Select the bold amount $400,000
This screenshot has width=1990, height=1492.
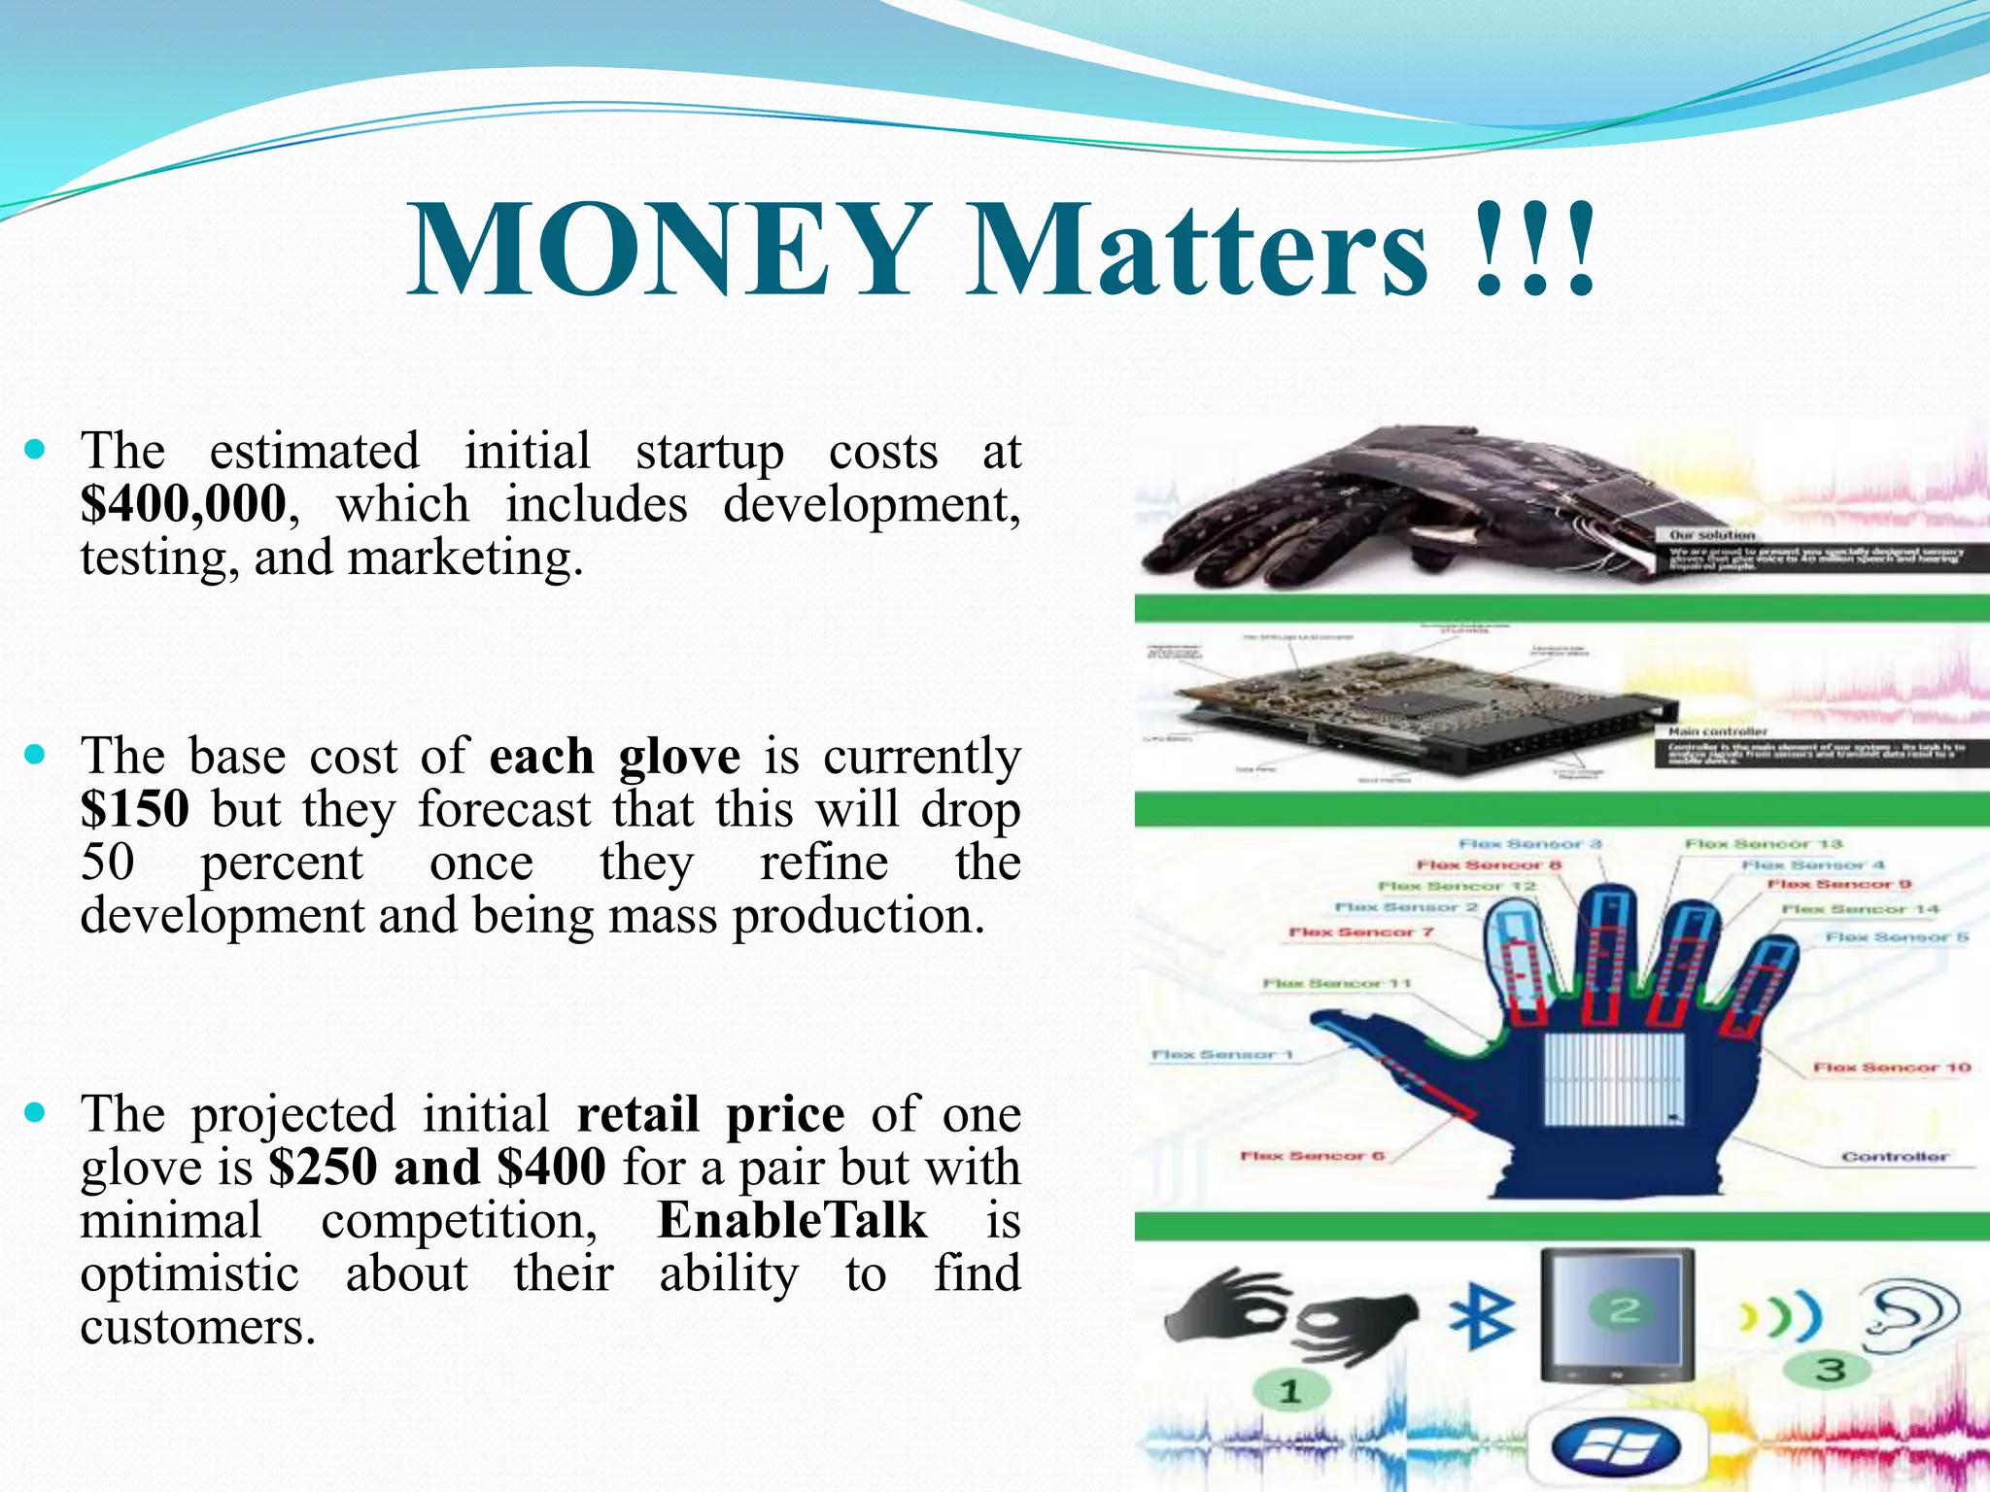[x=184, y=503]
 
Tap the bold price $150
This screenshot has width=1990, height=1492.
[x=134, y=808]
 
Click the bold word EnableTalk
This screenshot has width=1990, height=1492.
[x=792, y=1220]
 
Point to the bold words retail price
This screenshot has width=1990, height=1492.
[x=710, y=1114]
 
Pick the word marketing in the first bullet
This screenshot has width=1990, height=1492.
[x=465, y=558]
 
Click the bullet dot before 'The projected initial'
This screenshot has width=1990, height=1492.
[x=36, y=1111]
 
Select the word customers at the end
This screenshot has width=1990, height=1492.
[x=197, y=1327]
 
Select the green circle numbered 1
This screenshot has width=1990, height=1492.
[x=1289, y=1391]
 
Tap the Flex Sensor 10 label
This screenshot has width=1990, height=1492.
[x=1891, y=1068]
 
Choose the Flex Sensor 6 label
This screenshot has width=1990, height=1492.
[x=1312, y=1156]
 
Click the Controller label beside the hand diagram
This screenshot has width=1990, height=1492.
[x=1894, y=1157]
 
